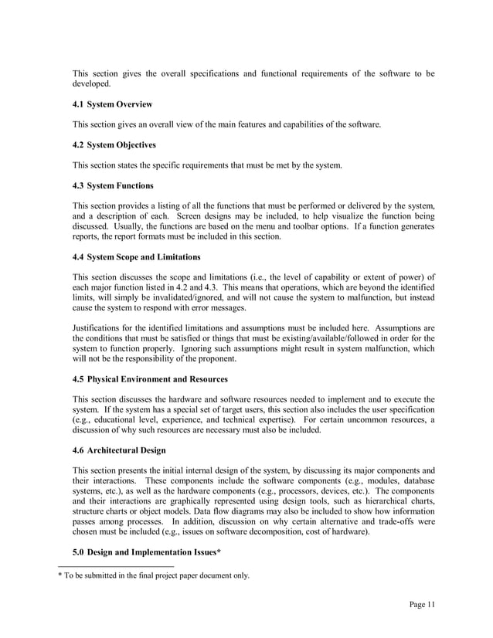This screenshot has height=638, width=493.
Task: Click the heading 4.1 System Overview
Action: coord(112,104)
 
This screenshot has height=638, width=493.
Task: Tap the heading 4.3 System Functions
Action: coord(112,185)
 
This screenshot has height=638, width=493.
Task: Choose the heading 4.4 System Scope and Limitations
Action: coord(136,256)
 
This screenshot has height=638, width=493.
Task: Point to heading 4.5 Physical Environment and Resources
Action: coord(150,378)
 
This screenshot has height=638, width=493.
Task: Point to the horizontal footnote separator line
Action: coord(123,566)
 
